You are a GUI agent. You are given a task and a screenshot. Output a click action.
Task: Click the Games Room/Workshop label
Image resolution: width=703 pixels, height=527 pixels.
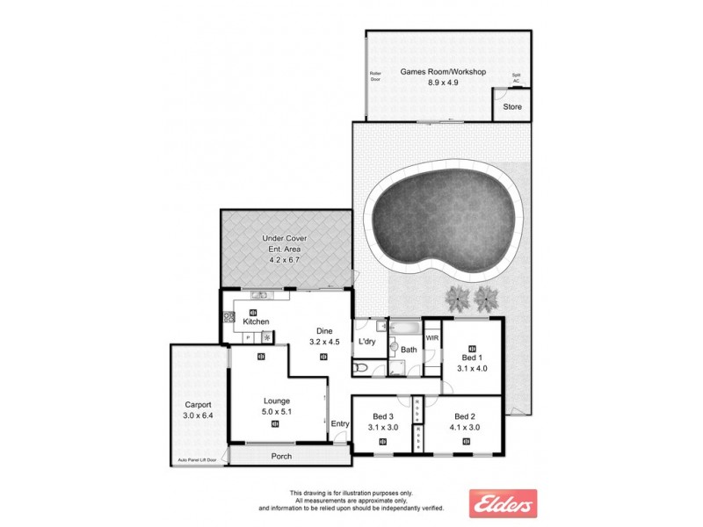(x=429, y=71)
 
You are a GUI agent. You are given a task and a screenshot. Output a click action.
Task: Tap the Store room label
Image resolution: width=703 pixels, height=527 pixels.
(x=512, y=107)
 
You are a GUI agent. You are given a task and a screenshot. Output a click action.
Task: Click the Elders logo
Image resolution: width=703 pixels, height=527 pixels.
(x=504, y=504)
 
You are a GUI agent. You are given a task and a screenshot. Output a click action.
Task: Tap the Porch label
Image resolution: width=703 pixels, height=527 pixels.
(x=281, y=457)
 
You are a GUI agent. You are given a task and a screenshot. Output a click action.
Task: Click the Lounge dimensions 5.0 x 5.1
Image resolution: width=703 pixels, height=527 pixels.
(x=276, y=410)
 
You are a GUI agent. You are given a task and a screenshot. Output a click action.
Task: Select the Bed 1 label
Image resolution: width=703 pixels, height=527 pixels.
(x=471, y=357)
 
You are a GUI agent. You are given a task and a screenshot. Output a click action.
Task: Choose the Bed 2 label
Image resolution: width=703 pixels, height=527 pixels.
(x=466, y=415)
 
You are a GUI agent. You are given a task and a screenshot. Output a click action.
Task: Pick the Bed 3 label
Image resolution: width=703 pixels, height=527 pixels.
(x=382, y=415)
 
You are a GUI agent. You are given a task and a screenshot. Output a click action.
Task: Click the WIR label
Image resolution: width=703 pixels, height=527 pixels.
(x=431, y=337)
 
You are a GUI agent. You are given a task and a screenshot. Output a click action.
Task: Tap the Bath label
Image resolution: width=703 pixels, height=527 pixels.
(x=409, y=350)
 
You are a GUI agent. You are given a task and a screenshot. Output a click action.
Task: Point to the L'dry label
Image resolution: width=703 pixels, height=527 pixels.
(x=367, y=342)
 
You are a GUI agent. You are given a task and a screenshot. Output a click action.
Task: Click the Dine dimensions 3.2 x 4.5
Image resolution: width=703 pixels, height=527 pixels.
(x=324, y=342)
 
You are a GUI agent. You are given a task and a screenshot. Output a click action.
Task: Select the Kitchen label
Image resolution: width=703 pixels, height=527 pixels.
(x=256, y=322)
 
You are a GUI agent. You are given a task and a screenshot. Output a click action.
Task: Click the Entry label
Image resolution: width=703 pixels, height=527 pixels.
(x=340, y=424)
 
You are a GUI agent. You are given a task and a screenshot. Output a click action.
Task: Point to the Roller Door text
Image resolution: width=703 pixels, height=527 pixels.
(x=376, y=77)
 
